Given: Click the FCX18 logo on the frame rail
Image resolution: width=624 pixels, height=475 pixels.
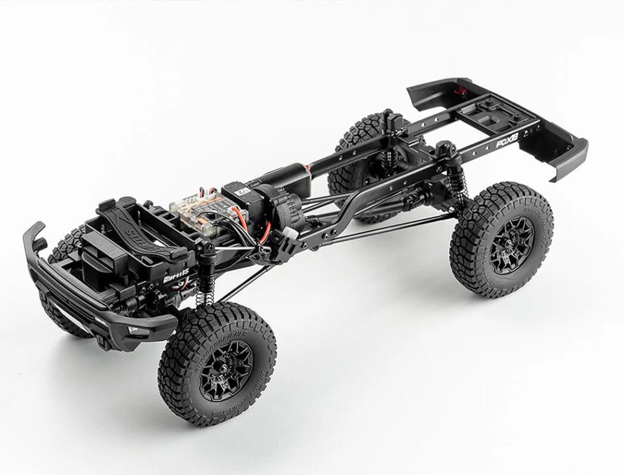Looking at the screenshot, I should point(507,144).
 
